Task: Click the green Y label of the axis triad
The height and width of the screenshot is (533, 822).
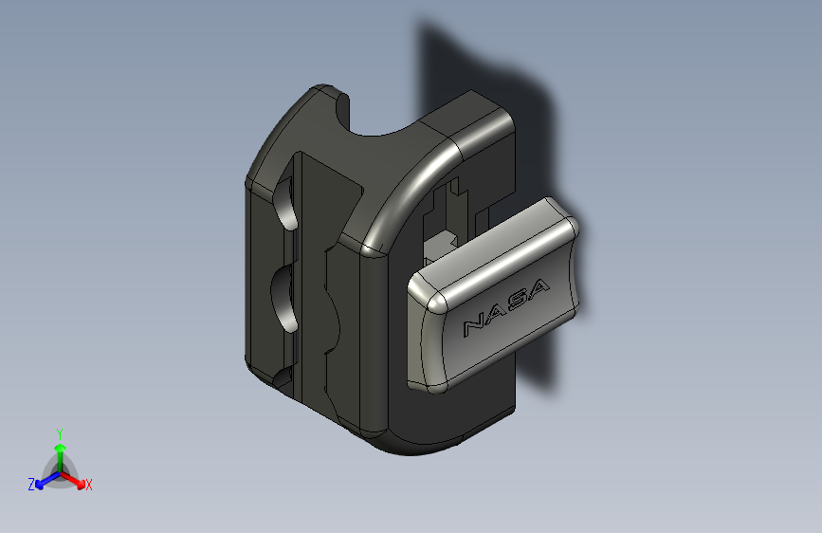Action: (x=59, y=434)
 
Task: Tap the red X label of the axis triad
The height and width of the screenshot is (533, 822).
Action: (x=88, y=485)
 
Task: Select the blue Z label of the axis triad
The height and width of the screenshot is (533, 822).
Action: (x=31, y=485)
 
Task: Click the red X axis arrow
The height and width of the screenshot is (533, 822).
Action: (x=72, y=480)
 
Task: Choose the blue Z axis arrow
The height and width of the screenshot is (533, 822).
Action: (x=48, y=480)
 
